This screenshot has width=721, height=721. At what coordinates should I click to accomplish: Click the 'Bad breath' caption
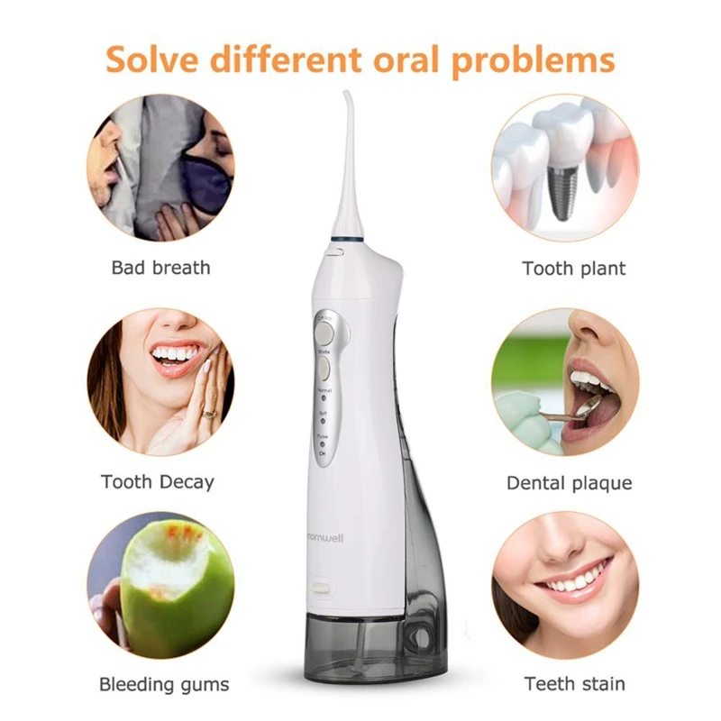coord(160,268)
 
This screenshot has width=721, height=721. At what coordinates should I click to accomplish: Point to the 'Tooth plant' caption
coord(573,268)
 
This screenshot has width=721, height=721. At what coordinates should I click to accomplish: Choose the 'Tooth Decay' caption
coord(158,482)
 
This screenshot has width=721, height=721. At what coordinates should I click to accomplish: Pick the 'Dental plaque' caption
coord(569,483)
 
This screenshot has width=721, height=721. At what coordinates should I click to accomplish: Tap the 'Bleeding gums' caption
coord(164,685)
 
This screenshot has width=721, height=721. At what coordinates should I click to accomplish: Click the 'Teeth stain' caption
coord(574,685)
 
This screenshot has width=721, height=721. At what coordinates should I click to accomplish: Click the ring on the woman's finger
coord(209,414)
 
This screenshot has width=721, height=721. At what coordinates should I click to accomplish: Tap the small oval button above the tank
coord(320,587)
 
